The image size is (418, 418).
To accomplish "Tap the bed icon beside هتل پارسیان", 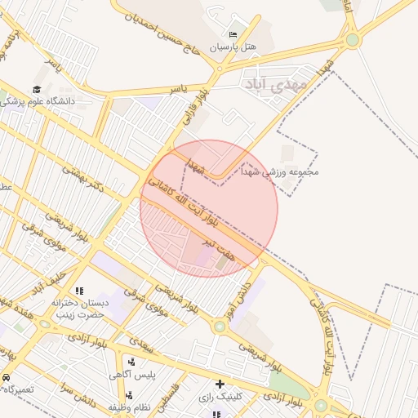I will (x=233, y=34).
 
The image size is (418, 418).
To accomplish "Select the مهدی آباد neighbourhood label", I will (x=276, y=83).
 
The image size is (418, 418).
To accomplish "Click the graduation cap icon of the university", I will (x=37, y=89).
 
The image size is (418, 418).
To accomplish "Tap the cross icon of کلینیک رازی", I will (x=220, y=384).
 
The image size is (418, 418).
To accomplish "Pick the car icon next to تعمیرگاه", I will (x=6, y=379).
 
